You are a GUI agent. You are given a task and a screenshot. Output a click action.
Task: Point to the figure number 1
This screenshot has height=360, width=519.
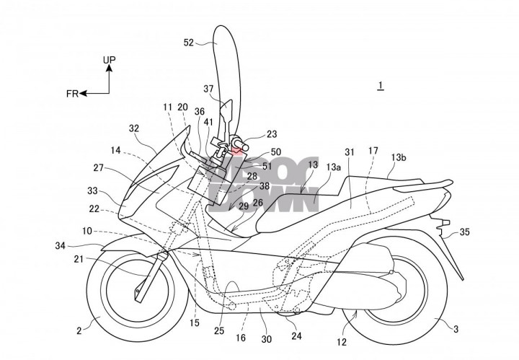(x=380, y=86)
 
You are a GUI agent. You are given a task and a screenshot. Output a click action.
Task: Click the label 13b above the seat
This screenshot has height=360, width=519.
(x=399, y=156)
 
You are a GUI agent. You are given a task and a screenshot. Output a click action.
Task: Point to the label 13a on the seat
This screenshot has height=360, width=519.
(x=333, y=167)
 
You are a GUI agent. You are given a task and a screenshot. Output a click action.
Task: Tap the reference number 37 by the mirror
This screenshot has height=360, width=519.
(x=208, y=89)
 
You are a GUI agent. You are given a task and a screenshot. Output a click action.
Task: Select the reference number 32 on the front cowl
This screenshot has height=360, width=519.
(x=134, y=128)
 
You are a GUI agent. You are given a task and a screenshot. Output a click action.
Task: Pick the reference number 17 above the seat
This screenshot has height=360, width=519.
(x=373, y=152)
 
